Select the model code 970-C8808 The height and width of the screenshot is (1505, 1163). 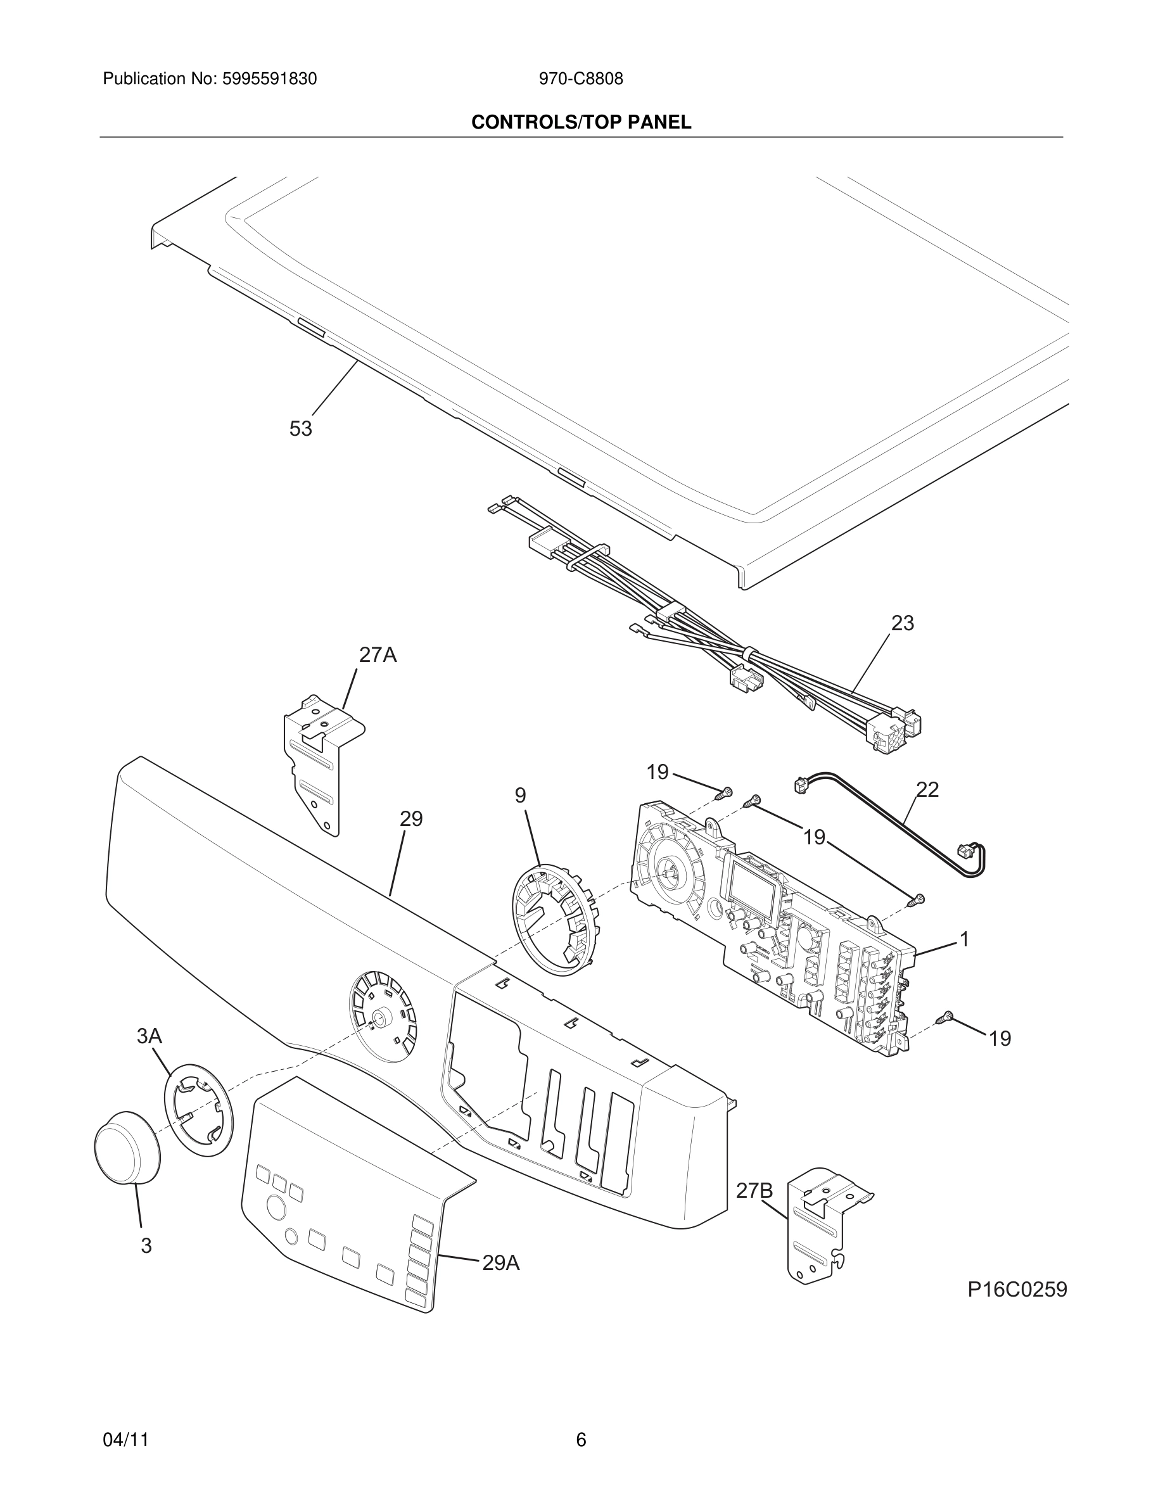[x=581, y=79]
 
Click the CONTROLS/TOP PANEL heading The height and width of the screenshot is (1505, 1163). [x=581, y=123]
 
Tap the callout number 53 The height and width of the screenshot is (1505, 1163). [x=300, y=429]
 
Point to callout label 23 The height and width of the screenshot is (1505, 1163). [x=903, y=623]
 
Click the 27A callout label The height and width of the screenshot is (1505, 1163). [x=378, y=655]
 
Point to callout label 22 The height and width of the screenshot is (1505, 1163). [x=927, y=790]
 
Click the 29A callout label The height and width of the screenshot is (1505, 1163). [x=501, y=1263]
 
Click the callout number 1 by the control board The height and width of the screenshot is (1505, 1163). [x=965, y=939]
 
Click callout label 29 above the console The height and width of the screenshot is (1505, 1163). [x=411, y=820]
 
